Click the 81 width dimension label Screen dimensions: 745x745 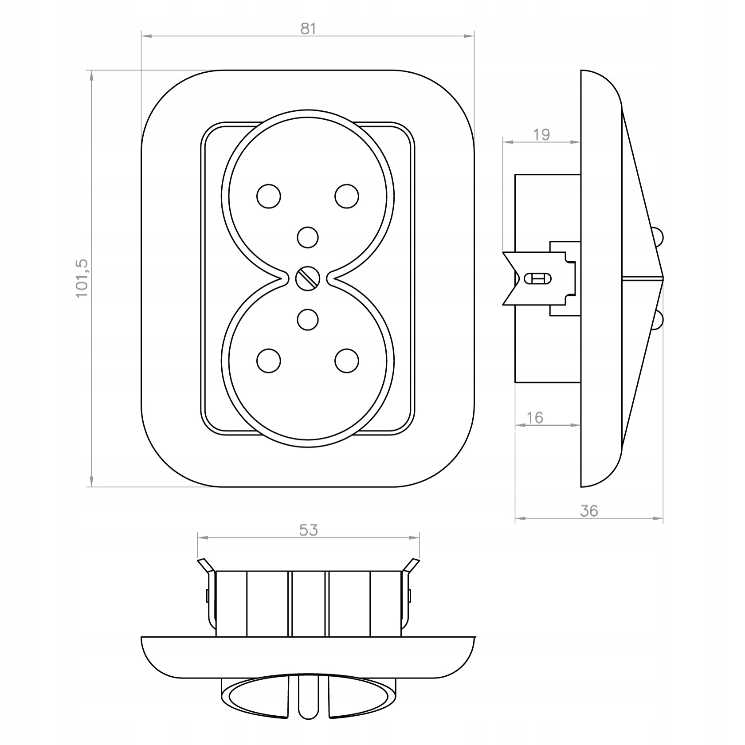(x=308, y=28)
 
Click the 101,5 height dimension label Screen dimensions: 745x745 (x=82, y=278)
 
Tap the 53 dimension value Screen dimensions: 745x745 (x=308, y=530)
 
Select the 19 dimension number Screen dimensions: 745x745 (x=541, y=134)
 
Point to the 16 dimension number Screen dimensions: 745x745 (x=535, y=417)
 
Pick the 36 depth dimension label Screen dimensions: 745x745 (x=589, y=511)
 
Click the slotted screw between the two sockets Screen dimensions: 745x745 (x=308, y=278)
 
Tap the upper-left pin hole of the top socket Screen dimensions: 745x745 (x=269, y=196)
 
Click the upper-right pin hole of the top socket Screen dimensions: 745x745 (x=347, y=196)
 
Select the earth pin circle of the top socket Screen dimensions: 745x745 (x=308, y=238)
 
